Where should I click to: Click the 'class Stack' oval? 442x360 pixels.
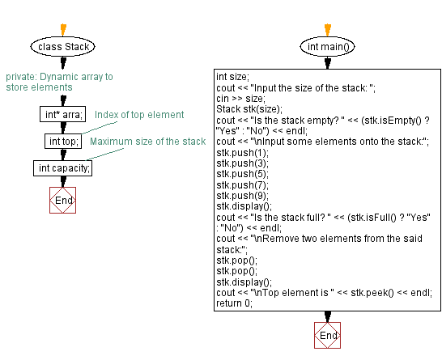coord(64,46)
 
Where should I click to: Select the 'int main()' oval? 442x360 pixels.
coord(328,46)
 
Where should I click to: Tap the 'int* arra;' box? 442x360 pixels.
coord(62,115)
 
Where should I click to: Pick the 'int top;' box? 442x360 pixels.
coord(62,142)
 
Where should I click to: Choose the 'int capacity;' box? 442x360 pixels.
coord(63,168)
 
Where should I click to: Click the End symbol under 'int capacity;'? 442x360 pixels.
coord(63,200)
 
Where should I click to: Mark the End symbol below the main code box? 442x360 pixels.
coord(328,335)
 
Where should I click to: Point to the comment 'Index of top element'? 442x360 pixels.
coord(139,115)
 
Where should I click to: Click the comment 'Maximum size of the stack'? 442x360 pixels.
coord(147,142)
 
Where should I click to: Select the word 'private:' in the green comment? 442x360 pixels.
coord(20,77)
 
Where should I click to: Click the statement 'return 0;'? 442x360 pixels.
coord(235,303)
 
